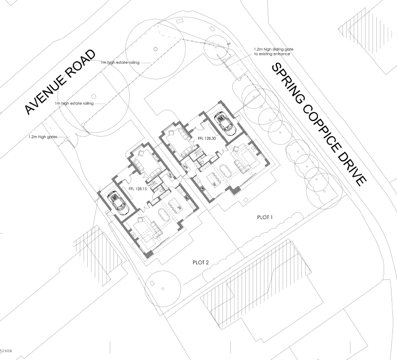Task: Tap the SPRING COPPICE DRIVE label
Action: click(320, 124)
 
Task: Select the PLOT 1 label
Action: click(264, 218)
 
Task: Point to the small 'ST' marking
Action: click(228, 44)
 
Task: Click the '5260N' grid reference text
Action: click(6, 352)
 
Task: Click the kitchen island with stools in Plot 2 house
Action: click(174, 205)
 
